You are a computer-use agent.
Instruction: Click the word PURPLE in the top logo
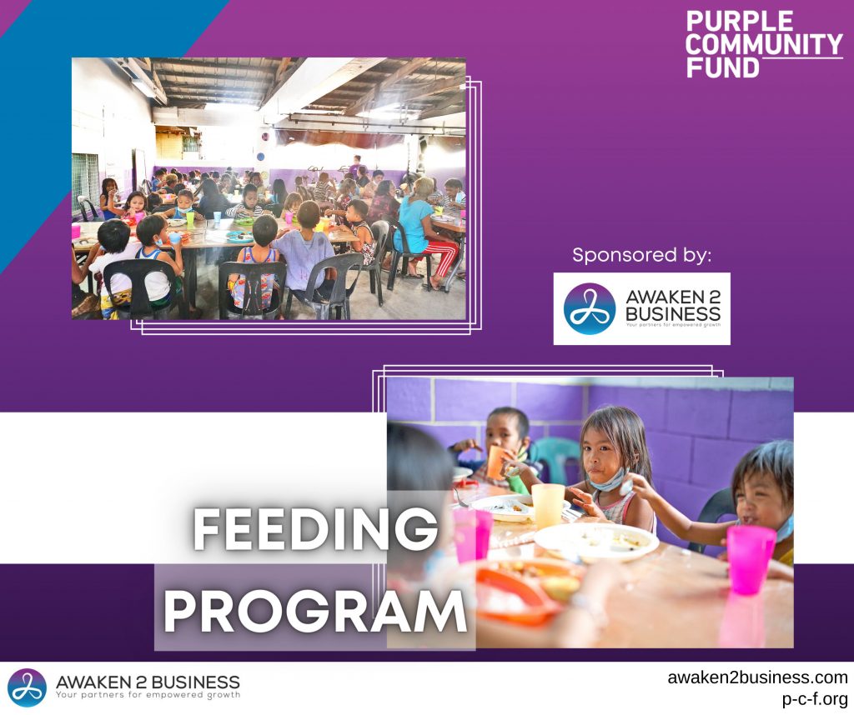pyautogui.click(x=739, y=21)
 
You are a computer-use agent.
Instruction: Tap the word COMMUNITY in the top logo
pyautogui.click(x=764, y=44)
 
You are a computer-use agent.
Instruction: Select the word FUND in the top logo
pyautogui.click(x=722, y=67)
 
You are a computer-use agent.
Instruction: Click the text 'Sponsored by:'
pyautogui.click(x=641, y=255)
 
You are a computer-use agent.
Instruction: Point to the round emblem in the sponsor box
pyautogui.click(x=590, y=308)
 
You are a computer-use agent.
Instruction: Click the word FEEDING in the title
pyautogui.click(x=315, y=529)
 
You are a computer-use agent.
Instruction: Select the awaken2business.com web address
pyautogui.click(x=757, y=677)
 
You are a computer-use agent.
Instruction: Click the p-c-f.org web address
pyautogui.click(x=815, y=698)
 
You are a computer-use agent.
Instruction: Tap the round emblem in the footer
pyautogui.click(x=27, y=687)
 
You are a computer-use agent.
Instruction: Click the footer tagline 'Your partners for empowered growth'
pyautogui.click(x=148, y=695)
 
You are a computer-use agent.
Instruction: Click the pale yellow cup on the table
pyautogui.click(x=548, y=505)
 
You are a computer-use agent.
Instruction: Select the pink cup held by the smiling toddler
pyautogui.click(x=751, y=559)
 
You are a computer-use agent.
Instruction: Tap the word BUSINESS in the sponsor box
pyautogui.click(x=673, y=314)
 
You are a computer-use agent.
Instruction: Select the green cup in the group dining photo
pyautogui.click(x=190, y=219)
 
